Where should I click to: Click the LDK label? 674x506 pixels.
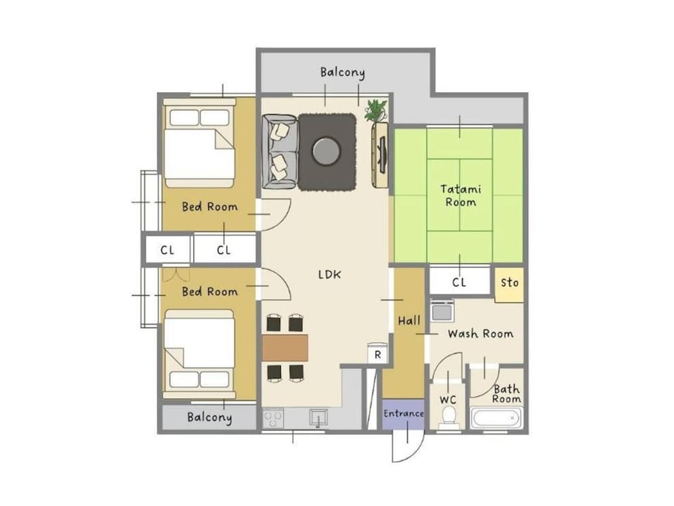(330, 275)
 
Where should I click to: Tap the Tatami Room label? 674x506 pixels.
(461, 195)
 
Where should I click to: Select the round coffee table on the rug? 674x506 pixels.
(326, 151)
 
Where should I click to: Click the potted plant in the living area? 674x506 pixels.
(376, 110)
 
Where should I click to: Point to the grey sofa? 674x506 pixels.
(279, 152)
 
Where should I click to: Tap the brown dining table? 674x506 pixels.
(285, 348)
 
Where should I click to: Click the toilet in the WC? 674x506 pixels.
(449, 417)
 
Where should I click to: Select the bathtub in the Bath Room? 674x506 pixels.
(496, 418)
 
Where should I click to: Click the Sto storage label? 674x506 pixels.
(510, 283)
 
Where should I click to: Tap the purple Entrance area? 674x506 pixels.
(403, 414)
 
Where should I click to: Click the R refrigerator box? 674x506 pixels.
(378, 353)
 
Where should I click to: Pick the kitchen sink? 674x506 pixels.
(318, 418)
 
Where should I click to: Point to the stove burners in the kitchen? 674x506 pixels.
(273, 418)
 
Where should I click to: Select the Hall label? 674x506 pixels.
(409, 320)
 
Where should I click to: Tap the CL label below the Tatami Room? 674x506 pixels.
(459, 283)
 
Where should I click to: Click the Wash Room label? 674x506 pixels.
(480, 334)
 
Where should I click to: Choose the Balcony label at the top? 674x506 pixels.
(342, 72)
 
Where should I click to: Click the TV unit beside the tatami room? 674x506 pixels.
(381, 155)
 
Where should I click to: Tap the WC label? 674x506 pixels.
(447, 400)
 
